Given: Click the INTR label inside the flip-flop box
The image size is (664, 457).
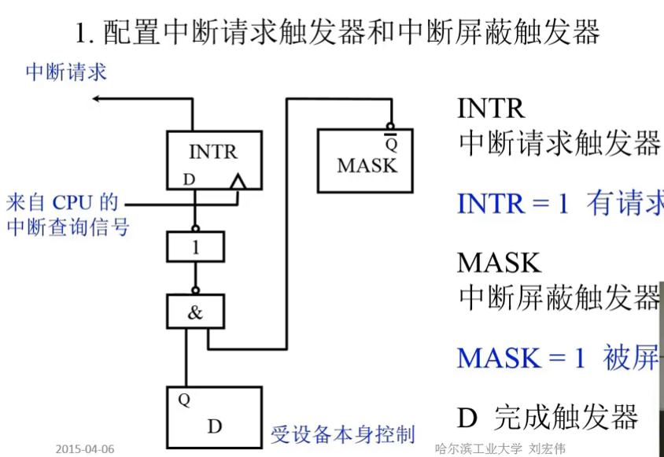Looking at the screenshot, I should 212,151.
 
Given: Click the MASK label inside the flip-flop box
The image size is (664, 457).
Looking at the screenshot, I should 367,165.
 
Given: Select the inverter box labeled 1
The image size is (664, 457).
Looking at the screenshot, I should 195,247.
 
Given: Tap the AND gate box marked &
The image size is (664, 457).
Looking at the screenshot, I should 195,312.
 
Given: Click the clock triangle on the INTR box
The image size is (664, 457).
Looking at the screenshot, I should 237,182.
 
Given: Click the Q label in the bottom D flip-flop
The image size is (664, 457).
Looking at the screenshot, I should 184,400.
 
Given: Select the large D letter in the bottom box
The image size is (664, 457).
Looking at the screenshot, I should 215,426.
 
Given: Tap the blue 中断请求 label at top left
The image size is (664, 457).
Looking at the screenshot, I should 66,72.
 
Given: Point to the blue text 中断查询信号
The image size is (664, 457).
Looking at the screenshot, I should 68,227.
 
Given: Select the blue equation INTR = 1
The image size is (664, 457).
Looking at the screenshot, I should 512,204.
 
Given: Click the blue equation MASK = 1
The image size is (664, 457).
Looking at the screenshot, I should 522,358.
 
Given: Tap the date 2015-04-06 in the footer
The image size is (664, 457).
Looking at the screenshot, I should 85,449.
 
